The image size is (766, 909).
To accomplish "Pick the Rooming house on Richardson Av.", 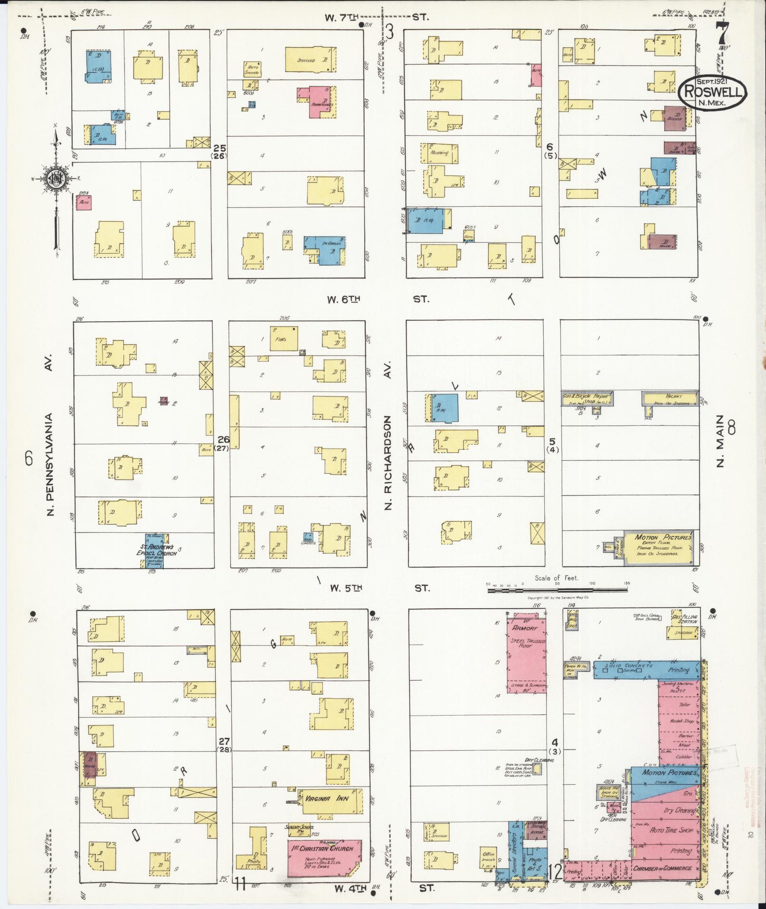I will pyautogui.click(x=439, y=153).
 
